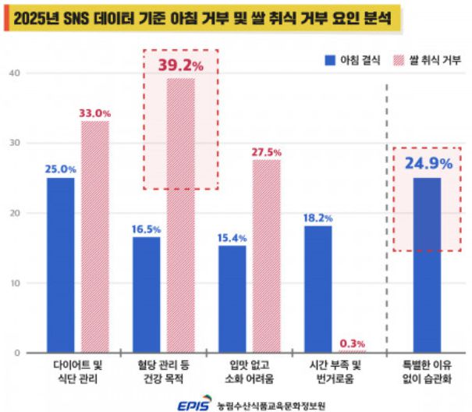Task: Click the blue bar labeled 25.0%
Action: pos(61,265)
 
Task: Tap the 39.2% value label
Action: pos(180,65)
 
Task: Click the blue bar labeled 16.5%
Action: pos(147,295)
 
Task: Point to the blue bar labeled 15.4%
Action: pos(232,299)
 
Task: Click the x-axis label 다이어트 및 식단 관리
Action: pos(78,371)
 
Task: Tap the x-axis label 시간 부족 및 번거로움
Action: pos(335,371)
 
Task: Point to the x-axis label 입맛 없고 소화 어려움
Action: pos(249,371)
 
